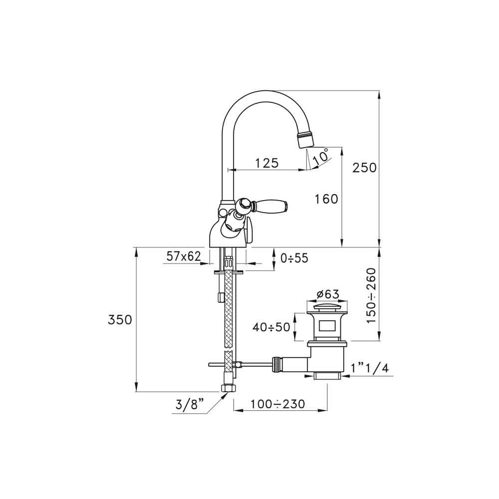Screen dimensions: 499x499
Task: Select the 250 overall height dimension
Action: [x=364, y=168]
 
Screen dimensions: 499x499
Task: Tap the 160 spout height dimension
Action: [x=326, y=199]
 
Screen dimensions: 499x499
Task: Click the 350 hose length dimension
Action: [x=120, y=319]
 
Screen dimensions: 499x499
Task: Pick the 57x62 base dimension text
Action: [x=183, y=256]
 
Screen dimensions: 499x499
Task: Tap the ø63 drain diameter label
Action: [x=328, y=294]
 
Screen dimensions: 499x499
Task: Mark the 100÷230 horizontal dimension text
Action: [x=277, y=404]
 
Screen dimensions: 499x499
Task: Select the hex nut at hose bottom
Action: [x=228, y=388]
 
